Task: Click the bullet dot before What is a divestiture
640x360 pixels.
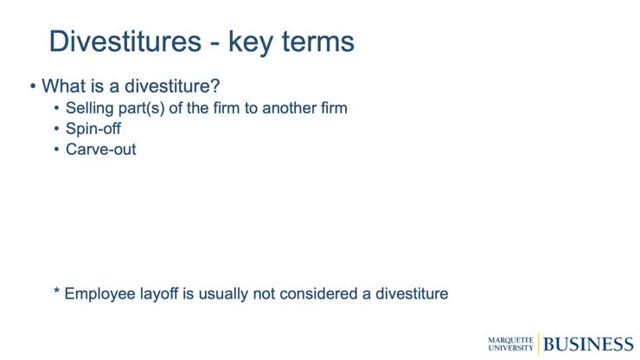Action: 33,87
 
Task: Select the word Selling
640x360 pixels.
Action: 92,109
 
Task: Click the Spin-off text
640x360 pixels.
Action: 93,129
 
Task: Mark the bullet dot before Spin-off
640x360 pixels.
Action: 57,130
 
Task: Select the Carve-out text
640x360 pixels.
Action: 100,150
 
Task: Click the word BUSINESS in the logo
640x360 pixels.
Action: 588,344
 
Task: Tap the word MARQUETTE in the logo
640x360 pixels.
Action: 511,339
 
